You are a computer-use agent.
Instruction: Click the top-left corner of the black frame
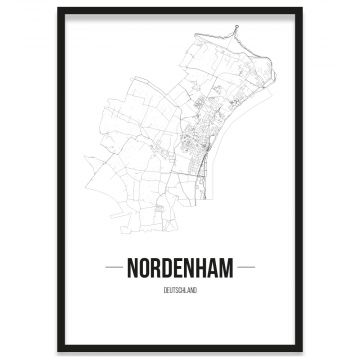click(59, 9)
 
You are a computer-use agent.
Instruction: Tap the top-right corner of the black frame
click(301, 9)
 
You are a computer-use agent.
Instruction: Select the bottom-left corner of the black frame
click(59, 351)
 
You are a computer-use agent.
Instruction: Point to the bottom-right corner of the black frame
click(301, 351)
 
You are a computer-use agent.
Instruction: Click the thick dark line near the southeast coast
click(205, 195)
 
